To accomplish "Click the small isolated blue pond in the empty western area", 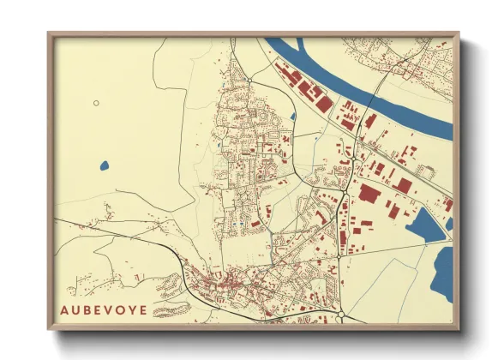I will (x=105, y=165).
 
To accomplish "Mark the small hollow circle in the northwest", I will (x=96, y=103).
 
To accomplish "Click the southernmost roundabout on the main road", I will (x=341, y=315).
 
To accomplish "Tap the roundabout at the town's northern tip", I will (x=247, y=79).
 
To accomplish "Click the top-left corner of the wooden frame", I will (x=50, y=34).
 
